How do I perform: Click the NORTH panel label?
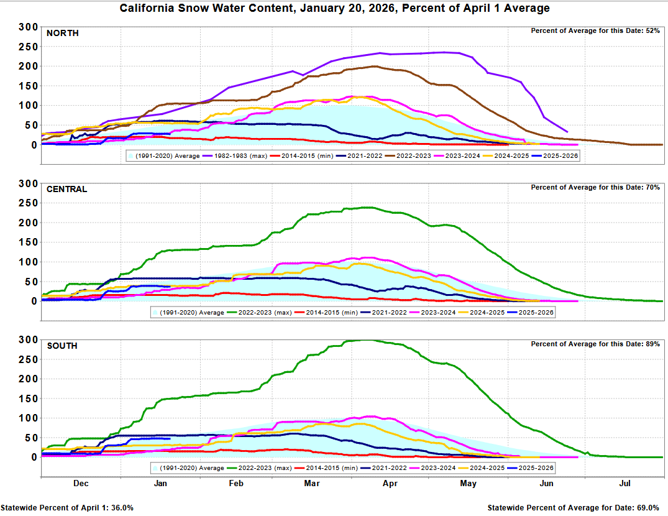(63, 33)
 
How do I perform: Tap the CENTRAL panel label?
(66, 189)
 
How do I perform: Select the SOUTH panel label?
(62, 345)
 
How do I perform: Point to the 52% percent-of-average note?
(595, 31)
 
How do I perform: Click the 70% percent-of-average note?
(595, 187)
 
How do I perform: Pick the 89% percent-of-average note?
(595, 344)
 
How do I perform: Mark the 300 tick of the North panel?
(27, 27)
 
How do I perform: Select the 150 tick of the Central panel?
(27, 242)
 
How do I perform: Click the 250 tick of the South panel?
(27, 359)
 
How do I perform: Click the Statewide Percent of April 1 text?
(67, 508)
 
